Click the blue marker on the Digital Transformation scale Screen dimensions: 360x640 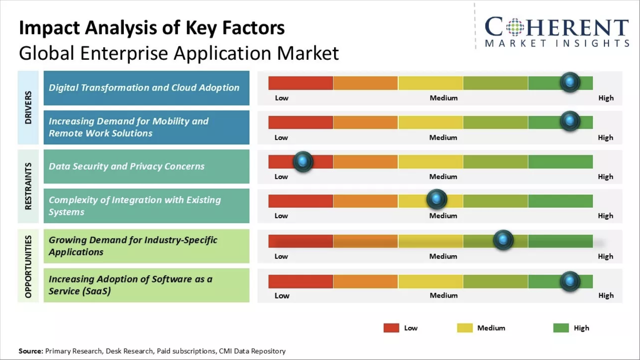point(570,82)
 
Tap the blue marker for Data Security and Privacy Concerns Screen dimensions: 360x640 point(303,162)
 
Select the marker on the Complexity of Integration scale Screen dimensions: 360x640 point(436,199)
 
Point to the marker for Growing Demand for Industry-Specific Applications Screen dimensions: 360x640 point(503,240)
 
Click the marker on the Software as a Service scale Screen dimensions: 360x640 point(570,281)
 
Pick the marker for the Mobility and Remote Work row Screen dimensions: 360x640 point(570,121)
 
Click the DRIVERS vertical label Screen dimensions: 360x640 point(28,107)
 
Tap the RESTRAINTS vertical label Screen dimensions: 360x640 point(28,186)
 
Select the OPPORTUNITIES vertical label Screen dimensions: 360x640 point(28,266)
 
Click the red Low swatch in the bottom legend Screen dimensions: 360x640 point(391,328)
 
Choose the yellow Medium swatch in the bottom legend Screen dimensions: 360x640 point(464,328)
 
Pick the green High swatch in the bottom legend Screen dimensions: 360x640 point(561,328)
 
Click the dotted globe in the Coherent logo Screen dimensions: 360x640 point(515,28)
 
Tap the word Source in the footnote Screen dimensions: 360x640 point(31,351)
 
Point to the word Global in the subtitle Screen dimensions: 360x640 point(47,53)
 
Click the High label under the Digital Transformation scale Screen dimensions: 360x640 point(606,98)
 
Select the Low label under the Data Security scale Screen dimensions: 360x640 point(281,177)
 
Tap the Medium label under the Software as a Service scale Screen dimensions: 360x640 point(443,295)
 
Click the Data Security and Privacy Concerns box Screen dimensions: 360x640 point(146,166)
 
